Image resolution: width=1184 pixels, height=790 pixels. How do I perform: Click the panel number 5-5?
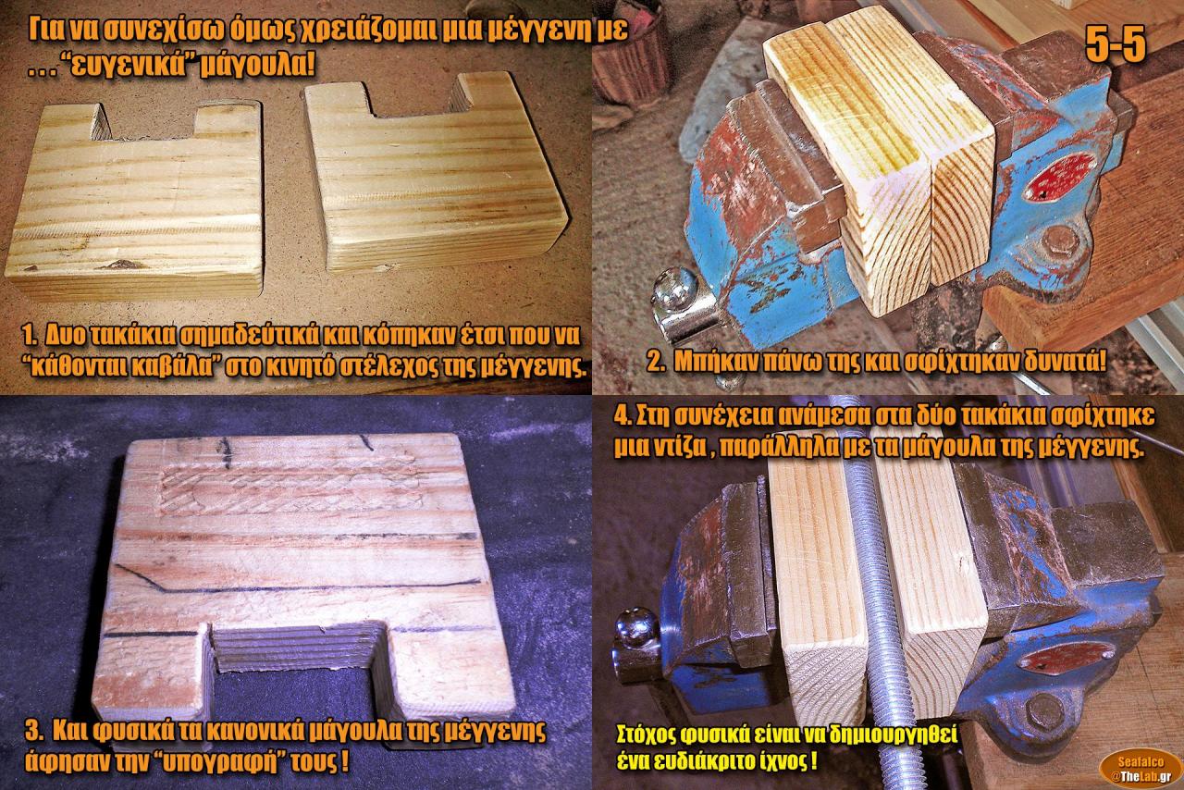point(1116,43)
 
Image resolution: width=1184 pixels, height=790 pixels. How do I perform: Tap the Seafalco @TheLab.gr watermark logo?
point(1141,768)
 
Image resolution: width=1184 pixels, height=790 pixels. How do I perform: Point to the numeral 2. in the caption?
point(657,364)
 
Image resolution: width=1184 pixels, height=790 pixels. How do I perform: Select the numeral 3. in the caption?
point(34,733)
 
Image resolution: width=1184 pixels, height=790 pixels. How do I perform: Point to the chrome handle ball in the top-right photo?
point(675,289)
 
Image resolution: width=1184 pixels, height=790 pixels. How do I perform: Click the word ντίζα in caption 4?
point(679,448)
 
